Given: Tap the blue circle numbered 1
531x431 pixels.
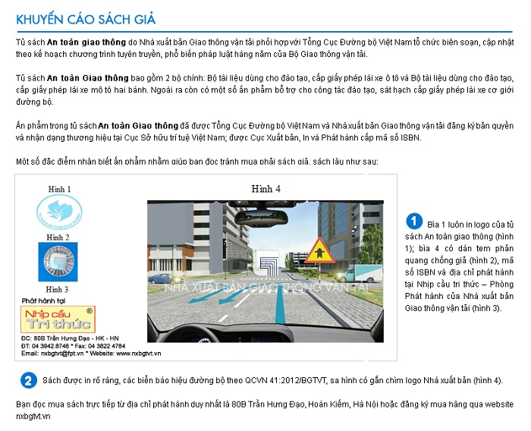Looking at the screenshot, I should pyautogui.click(x=413, y=221).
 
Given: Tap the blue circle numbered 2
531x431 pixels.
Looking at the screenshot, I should pyautogui.click(x=28, y=380).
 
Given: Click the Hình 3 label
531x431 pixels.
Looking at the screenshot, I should pyautogui.click(x=58, y=289).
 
